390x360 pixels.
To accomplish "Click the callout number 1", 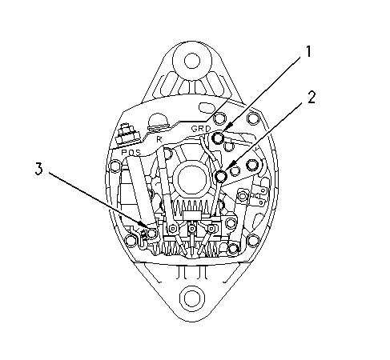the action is point(308,51).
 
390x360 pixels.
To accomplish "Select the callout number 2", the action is point(312,98).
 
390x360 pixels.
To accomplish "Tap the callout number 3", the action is point(38,169).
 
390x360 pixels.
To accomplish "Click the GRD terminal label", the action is point(201,129).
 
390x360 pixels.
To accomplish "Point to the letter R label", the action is point(159,139).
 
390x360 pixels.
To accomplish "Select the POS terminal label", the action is point(131,153).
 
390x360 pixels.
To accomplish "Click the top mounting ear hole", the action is point(192,61).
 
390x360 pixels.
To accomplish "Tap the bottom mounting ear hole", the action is point(191,297).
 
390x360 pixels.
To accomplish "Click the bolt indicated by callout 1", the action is point(218,138).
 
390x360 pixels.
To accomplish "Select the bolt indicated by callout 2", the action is point(221,176).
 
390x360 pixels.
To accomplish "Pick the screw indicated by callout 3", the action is point(152,234).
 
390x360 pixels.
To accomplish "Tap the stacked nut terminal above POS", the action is point(127,135).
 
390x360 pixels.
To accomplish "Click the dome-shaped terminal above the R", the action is point(159,121).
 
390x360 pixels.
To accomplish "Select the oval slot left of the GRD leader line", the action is point(207,107).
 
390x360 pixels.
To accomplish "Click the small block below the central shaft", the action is point(191,215).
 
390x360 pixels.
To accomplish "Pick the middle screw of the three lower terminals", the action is point(192,229).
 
